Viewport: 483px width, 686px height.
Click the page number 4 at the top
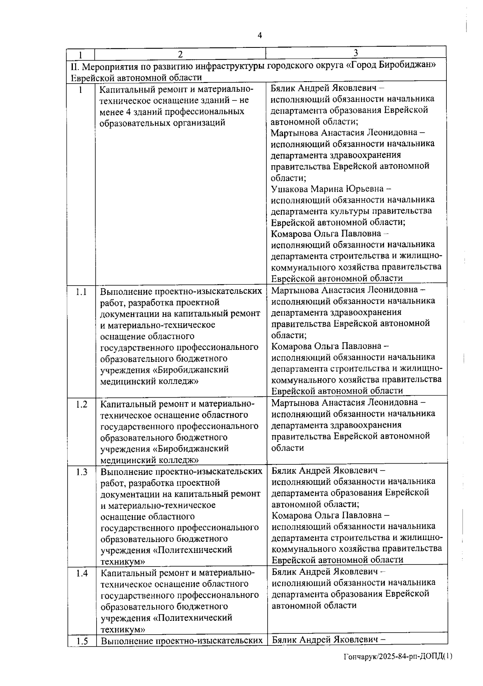coord(260,35)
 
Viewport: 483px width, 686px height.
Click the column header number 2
coord(180,54)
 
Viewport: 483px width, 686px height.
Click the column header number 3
coord(356,53)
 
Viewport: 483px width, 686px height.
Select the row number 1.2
coord(81,405)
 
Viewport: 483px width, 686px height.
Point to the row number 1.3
coord(81,472)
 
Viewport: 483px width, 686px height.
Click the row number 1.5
coord(82,641)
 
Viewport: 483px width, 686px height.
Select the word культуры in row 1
coord(349,211)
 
